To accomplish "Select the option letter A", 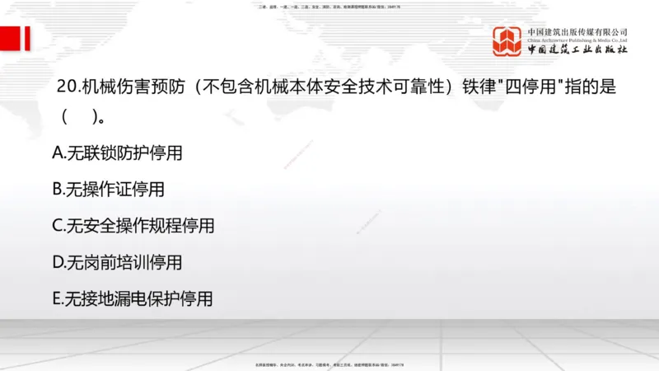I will (58, 153).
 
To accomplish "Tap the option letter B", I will (58, 189).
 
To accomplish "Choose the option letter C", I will (58, 226).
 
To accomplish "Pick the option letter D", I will (58, 262).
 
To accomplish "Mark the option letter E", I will (58, 298).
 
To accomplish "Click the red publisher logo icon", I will (508, 41).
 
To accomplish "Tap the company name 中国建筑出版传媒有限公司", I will (577, 31).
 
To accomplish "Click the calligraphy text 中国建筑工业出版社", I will (577, 50).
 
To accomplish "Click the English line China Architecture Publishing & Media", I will (577, 40).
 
